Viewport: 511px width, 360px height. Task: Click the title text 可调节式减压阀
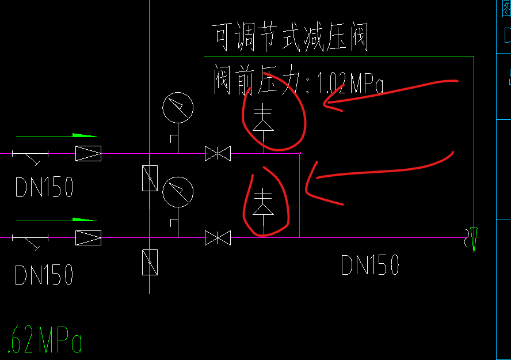290,37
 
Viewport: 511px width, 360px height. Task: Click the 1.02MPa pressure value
350,85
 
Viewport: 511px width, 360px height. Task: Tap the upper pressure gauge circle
178,107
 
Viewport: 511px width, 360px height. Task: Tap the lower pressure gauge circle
178,192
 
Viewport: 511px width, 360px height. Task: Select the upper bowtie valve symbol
218,154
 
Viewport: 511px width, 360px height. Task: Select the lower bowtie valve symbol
218,237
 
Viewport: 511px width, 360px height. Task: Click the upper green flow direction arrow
84,135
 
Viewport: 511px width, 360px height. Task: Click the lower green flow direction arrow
84,219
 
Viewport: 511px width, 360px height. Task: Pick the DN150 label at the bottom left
44,275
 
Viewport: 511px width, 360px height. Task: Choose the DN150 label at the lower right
370,266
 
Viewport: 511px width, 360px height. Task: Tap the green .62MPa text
45,341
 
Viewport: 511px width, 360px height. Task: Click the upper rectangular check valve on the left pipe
88,153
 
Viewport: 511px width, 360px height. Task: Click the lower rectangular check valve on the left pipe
88,237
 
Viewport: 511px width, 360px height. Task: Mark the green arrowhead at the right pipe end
474,238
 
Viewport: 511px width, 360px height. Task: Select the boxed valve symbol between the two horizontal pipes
150,178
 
